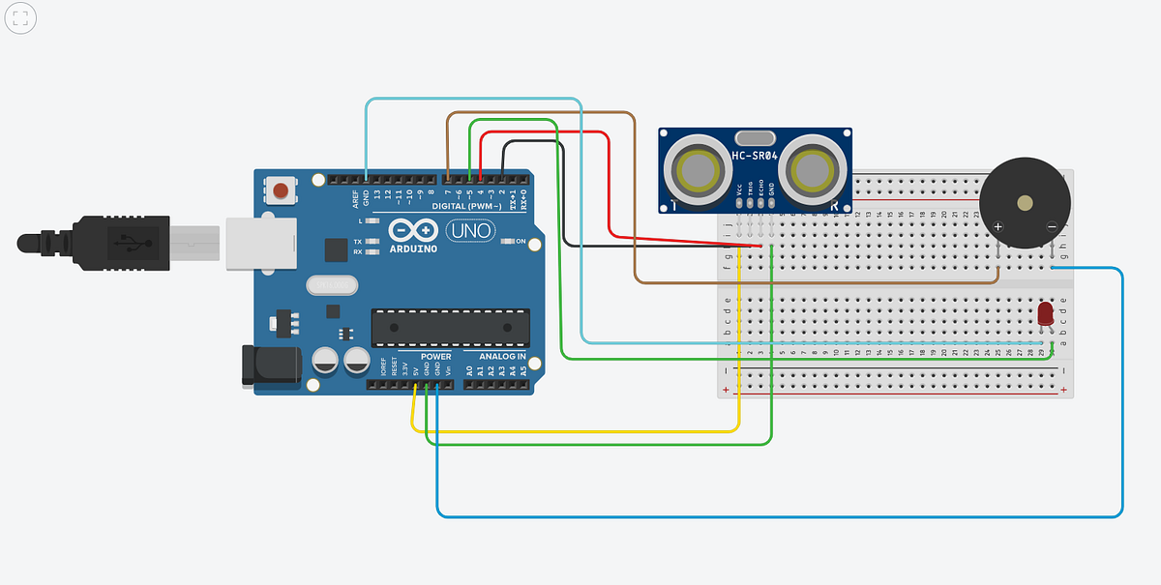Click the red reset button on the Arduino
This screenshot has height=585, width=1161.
click(281, 191)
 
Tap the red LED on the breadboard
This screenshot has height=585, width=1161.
click(1045, 314)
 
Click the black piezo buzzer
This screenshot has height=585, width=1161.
click(1025, 203)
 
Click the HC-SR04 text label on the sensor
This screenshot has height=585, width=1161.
click(755, 156)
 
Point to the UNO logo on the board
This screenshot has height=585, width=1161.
click(470, 231)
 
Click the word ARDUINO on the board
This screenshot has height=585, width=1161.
click(414, 249)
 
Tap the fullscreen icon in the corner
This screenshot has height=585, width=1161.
click(19, 17)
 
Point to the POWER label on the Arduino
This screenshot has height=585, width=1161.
click(435, 357)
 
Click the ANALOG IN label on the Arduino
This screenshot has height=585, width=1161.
click(501, 357)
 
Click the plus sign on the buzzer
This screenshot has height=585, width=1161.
click(998, 226)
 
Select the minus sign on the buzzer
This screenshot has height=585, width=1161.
click(1052, 226)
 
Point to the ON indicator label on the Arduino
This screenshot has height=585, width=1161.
click(521, 241)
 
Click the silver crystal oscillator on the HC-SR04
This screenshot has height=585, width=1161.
click(755, 138)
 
